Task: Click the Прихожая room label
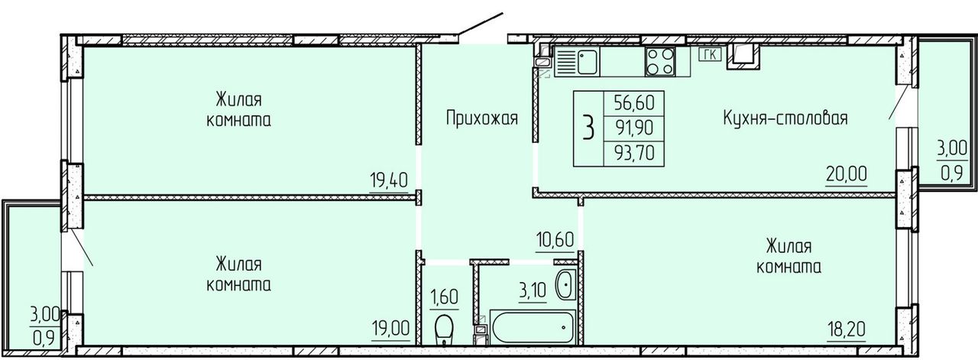point(482,118)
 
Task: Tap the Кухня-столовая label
point(785,118)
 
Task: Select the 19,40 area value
point(389,180)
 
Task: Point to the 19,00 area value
point(390,328)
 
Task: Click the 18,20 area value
point(847,328)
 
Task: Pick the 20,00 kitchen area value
point(846,174)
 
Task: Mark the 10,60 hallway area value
point(555,240)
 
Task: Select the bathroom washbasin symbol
point(565,284)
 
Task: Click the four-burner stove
point(660,62)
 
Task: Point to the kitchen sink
point(577,62)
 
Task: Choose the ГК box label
point(710,54)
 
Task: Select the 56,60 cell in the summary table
point(634,103)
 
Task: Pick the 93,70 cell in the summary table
point(634,154)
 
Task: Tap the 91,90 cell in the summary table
point(634,128)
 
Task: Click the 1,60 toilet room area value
point(445,297)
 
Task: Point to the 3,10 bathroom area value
point(533,290)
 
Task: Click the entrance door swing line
point(481,24)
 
